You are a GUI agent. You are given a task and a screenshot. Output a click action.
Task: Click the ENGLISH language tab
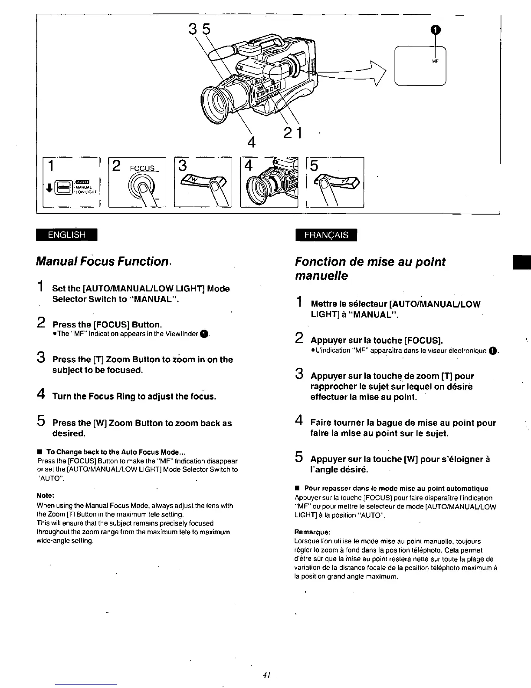67,235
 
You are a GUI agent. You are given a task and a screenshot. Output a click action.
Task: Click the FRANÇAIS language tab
326,235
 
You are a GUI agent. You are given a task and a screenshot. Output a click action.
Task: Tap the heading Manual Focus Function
102,261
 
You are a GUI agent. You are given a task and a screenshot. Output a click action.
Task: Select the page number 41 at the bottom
266,675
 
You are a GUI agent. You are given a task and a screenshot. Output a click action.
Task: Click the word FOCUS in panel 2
143,169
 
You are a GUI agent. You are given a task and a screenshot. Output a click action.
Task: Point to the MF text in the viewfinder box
436,61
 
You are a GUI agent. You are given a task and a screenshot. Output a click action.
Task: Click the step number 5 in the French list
298,456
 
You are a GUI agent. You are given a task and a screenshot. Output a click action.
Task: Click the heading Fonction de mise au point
370,262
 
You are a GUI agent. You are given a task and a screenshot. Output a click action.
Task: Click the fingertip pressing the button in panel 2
143,187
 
